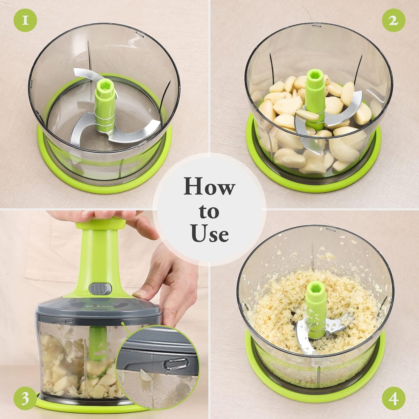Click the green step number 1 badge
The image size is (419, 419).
tap(25, 20)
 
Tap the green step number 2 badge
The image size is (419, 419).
tap(393, 20)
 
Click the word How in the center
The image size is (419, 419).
tap(209, 187)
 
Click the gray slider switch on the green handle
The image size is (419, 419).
tap(100, 288)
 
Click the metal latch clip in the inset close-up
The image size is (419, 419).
tap(176, 364)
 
